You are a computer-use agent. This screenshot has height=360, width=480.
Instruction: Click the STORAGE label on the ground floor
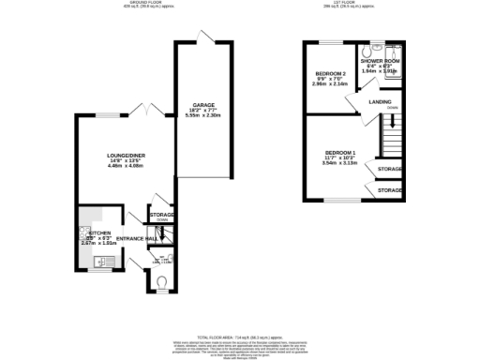click(x=161, y=215)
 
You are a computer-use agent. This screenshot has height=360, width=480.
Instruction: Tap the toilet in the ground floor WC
click(x=161, y=279)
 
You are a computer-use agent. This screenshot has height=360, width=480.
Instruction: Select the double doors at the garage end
click(x=205, y=37)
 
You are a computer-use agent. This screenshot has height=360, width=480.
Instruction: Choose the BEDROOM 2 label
click(x=331, y=74)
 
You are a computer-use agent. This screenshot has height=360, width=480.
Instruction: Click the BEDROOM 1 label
click(x=340, y=152)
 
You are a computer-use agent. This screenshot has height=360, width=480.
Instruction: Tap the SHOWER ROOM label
click(x=388, y=62)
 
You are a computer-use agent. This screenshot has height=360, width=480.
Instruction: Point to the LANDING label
click(x=381, y=101)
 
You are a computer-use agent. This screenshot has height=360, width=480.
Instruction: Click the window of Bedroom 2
click(x=331, y=43)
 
